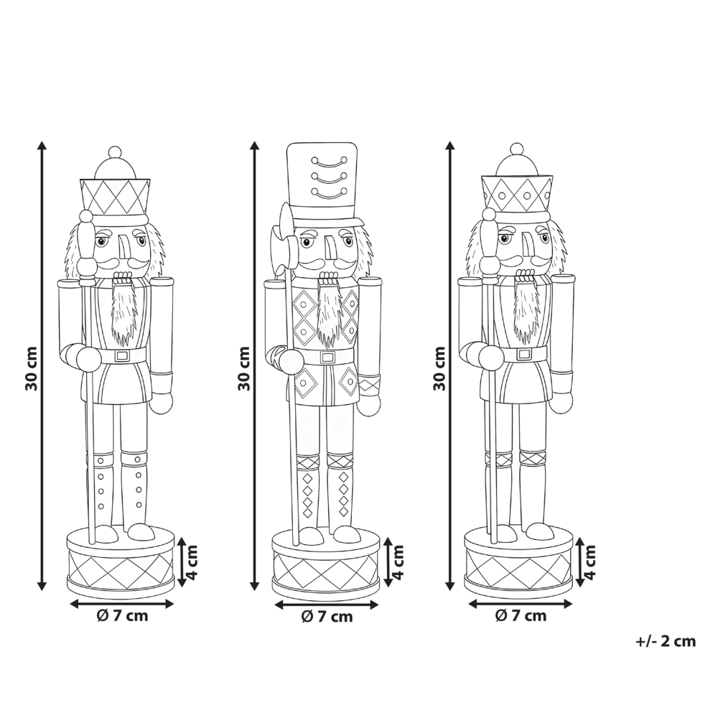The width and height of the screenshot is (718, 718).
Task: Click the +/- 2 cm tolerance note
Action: [666, 642]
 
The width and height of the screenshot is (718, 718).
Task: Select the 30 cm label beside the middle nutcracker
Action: [244, 368]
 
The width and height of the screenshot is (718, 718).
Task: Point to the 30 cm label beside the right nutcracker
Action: [439, 368]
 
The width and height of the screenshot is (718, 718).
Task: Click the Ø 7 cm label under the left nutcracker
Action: [121, 616]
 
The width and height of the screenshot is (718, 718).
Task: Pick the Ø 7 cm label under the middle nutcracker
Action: [327, 616]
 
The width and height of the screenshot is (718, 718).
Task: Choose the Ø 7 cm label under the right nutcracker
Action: [521, 615]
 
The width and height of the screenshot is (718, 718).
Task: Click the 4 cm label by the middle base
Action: [398, 563]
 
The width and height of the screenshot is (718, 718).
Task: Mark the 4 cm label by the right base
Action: [590, 563]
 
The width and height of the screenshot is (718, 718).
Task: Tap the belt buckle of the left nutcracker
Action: [121, 355]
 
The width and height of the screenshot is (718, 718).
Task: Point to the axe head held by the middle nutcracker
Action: [281, 241]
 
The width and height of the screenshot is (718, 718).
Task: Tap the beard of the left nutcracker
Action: [125, 312]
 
